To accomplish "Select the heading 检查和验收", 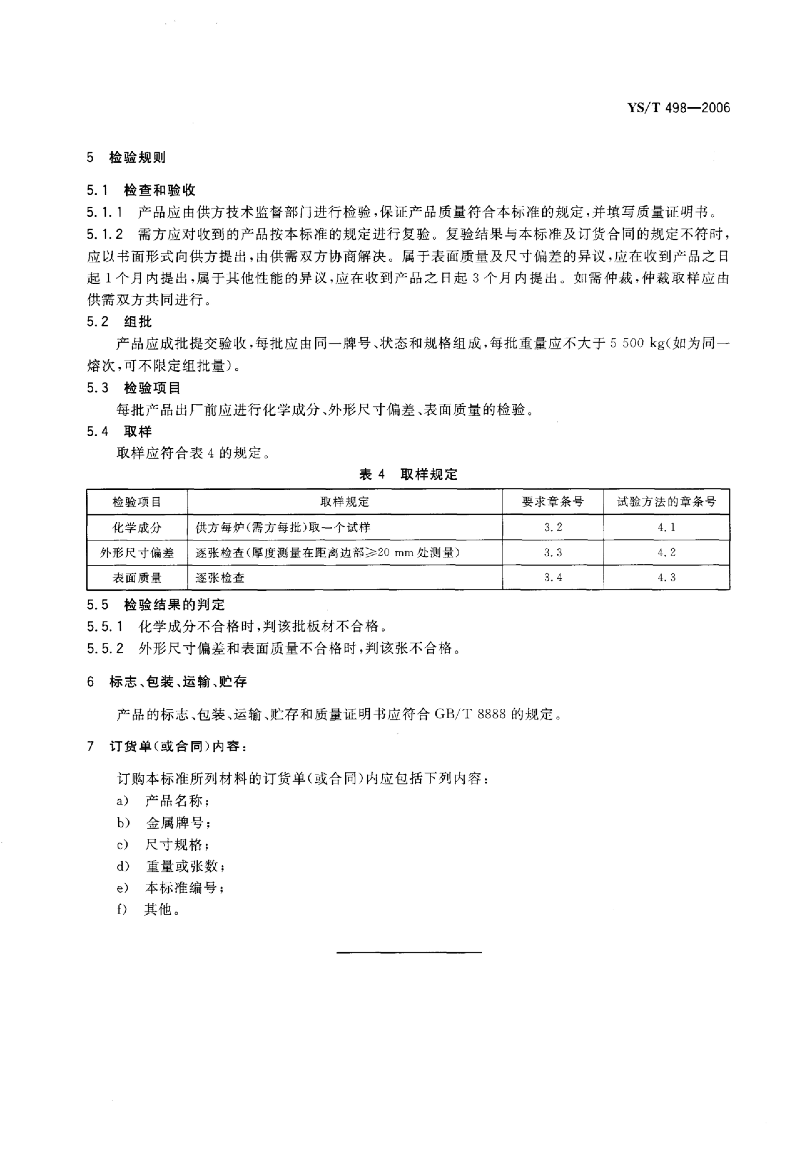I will (x=160, y=191).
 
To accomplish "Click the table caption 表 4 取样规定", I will (x=408, y=474).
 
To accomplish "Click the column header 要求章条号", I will (x=553, y=502).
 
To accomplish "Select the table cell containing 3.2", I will (x=553, y=528).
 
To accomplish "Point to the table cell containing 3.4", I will (x=553, y=577).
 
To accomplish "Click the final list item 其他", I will (x=158, y=909).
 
